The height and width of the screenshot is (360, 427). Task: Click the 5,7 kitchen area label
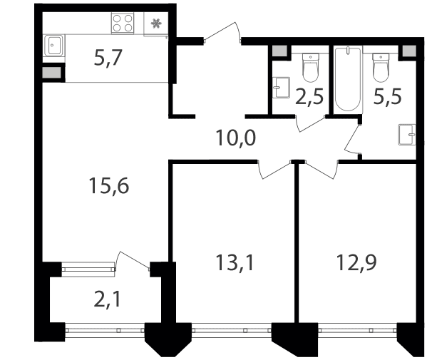tap(108, 58)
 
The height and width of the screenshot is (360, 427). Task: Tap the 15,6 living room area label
tap(109, 186)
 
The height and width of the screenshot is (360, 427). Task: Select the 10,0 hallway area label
tap(236, 138)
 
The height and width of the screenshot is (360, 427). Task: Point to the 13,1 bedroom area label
tap(235, 263)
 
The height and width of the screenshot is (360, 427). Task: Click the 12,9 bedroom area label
tap(356, 262)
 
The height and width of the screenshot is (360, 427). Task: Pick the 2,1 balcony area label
tap(108, 299)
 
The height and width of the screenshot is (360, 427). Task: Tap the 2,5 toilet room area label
tap(309, 97)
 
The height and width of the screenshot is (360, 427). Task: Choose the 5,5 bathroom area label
tap(388, 97)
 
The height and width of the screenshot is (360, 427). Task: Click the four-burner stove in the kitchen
tap(123, 23)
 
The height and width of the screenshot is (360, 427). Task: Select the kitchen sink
tap(54, 46)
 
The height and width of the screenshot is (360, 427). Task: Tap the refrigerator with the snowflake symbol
tap(156, 24)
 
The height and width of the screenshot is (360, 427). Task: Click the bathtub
tap(349, 79)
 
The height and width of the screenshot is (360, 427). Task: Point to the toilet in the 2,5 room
tap(310, 68)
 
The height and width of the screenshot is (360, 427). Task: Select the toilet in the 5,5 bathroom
tap(381, 68)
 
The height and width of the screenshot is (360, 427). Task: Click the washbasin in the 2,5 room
tap(281, 88)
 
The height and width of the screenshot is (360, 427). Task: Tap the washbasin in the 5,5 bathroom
tap(407, 135)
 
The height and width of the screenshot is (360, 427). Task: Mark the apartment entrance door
tap(222, 34)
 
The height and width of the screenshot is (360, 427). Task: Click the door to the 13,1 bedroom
tap(274, 170)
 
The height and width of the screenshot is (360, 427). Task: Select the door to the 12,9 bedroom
tap(321, 170)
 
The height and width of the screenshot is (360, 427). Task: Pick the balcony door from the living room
tap(133, 261)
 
